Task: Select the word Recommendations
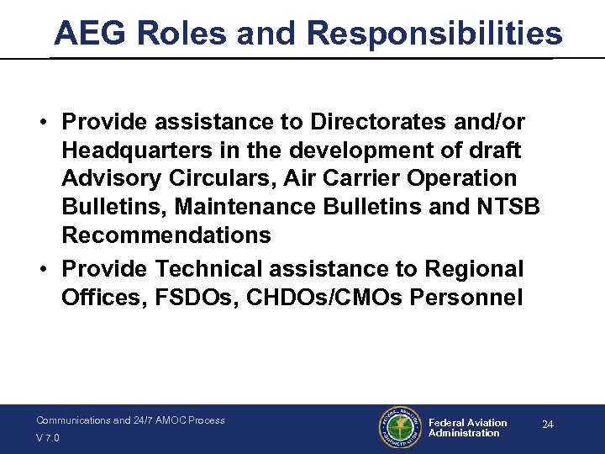pyautogui.click(x=166, y=235)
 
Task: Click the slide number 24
pyautogui.click(x=547, y=425)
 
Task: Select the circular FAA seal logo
pyautogui.click(x=397, y=429)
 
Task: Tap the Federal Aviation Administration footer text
pyautogui.click(x=467, y=428)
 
